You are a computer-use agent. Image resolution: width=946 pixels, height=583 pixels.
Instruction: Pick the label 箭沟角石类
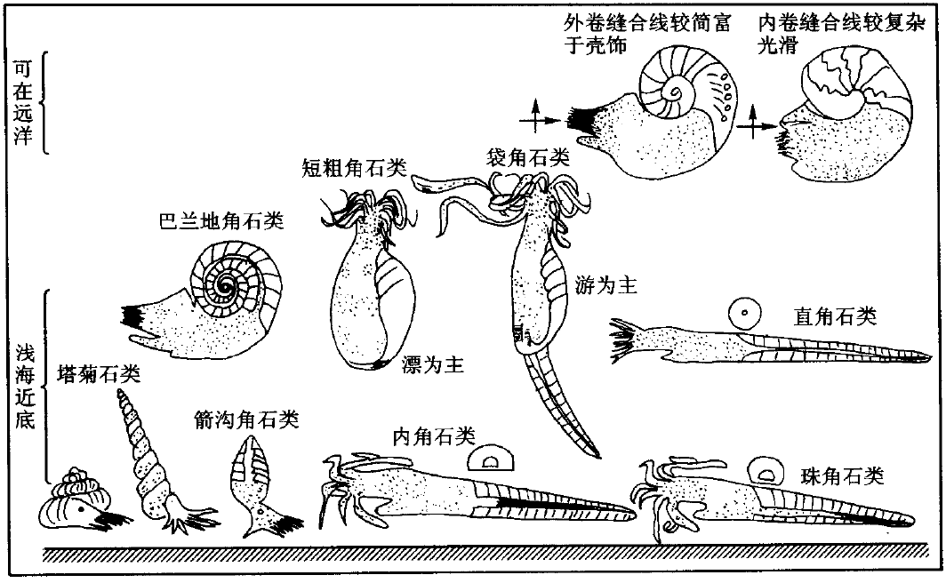tap(247, 418)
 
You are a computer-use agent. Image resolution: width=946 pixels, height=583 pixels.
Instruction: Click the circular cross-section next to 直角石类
tap(742, 313)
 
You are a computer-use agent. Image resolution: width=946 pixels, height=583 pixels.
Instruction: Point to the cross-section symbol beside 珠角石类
tap(765, 470)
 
